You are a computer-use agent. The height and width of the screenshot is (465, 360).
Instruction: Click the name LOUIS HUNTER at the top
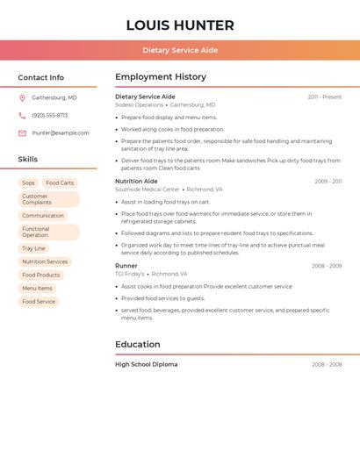180,25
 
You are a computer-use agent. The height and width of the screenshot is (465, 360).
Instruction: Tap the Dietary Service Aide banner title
180,50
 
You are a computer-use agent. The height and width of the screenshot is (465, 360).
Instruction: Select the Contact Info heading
40,77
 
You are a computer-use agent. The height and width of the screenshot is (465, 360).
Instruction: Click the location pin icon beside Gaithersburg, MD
22,97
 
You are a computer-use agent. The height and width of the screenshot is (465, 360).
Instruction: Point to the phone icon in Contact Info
22,115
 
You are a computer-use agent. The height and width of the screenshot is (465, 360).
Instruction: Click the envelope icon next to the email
22,132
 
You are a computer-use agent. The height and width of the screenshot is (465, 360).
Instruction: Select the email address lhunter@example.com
61,132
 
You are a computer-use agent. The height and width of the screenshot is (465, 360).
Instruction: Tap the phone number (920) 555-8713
49,115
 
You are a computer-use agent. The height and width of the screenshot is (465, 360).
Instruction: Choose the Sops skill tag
29,182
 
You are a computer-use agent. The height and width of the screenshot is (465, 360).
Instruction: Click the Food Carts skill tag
60,182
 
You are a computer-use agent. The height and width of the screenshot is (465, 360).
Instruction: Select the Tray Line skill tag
33,248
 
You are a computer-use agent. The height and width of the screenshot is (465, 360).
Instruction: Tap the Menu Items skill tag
37,288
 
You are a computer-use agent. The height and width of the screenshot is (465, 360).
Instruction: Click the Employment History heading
161,77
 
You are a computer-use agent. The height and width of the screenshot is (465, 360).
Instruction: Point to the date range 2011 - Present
324,97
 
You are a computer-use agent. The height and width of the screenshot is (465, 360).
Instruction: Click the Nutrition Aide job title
136,181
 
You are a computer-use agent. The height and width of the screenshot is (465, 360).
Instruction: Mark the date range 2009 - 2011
328,181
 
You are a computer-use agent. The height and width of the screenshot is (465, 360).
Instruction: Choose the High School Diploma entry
146,364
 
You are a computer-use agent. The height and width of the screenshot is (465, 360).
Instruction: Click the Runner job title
126,265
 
